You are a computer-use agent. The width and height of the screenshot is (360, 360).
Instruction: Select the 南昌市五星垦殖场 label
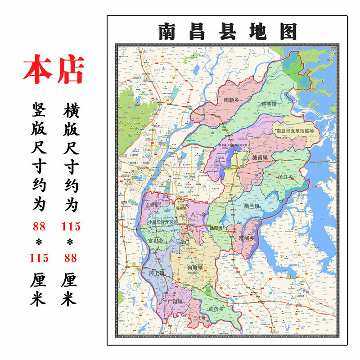(294, 130)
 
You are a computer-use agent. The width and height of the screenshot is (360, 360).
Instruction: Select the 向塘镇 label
(195, 267)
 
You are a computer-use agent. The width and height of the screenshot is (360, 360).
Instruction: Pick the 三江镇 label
(198, 318)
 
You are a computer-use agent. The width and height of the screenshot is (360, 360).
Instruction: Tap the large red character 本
(38, 70)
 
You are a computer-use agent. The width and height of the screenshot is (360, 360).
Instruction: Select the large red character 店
(70, 70)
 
